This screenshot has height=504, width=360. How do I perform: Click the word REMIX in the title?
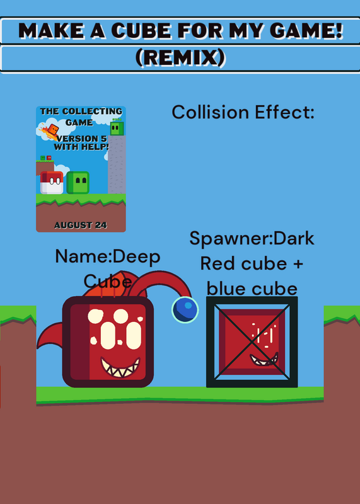pos(180,58)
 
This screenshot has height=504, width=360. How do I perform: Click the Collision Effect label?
pos(243,112)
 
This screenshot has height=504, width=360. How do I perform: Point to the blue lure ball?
pos(185,309)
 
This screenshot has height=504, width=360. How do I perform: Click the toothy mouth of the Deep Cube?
pos(120,367)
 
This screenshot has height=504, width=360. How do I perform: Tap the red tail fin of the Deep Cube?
pos(50,336)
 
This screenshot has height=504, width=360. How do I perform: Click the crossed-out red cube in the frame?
pos(252,342)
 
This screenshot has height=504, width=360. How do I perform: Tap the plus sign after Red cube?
pos(298,264)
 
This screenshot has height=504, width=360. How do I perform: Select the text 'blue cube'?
pos(252,289)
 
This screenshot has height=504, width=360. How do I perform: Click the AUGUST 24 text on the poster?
pos(81,225)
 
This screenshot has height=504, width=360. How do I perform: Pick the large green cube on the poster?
pos(78,183)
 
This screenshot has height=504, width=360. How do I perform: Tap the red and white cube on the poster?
pos(52,183)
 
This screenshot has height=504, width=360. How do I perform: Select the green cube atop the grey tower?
pos(117,129)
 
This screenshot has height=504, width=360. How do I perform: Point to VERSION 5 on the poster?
pos(82,139)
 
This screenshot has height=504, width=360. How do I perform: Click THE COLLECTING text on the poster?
pos(81,112)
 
